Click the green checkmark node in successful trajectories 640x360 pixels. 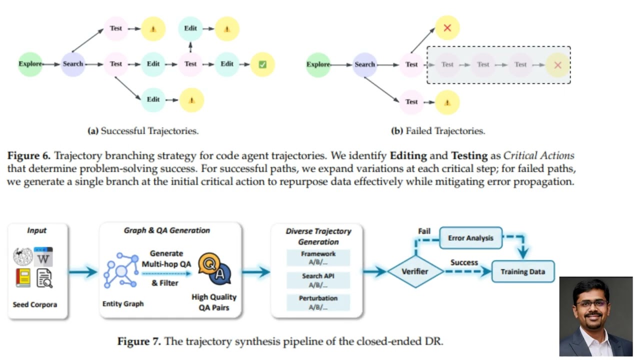click(262, 64)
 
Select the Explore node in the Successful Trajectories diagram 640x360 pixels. click(30, 64)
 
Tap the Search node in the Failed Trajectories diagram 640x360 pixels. click(364, 64)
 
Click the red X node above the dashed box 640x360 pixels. click(447, 28)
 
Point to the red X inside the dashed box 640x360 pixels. click(558, 65)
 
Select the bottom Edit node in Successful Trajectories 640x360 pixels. click(153, 99)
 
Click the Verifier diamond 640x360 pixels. click(415, 271)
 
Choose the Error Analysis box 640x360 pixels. click(470, 238)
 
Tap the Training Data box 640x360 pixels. click(522, 272)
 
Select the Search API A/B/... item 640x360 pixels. click(318, 280)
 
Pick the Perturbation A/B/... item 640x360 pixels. click(318, 302)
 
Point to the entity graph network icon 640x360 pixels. click(120, 270)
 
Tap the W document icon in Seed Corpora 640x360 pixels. click(43, 256)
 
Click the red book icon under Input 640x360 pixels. click(23, 277)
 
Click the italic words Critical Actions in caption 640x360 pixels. click(538, 155)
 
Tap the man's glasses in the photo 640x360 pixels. click(592, 303)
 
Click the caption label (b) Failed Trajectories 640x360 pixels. click(437, 131)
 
